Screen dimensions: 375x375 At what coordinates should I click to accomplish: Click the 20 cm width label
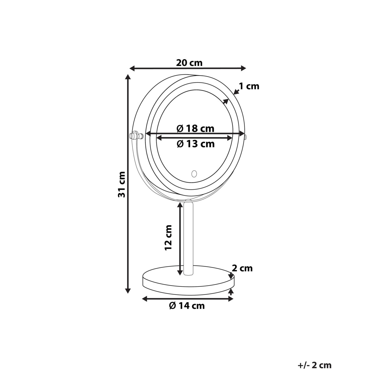point(189,63)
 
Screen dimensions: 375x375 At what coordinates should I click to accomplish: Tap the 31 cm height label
point(122,184)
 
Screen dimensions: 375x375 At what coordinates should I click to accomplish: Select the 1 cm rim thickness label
point(249,86)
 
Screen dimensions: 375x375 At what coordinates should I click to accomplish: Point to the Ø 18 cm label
point(195,128)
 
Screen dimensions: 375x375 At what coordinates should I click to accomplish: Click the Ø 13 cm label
point(196,144)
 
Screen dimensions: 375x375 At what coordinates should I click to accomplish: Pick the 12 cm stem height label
point(168,237)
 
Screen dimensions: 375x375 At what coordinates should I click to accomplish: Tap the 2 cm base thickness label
point(242,268)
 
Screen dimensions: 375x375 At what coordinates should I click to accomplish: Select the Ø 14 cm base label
point(187,306)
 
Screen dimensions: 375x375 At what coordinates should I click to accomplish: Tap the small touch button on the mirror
point(194,173)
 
